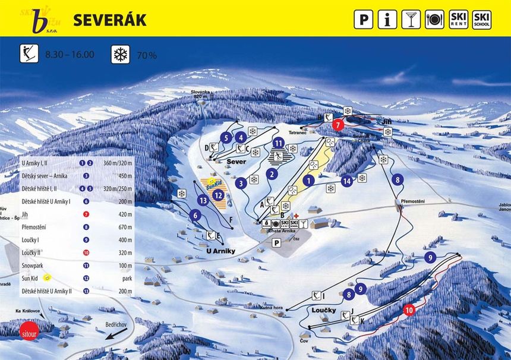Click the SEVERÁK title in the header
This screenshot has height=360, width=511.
coord(110,20)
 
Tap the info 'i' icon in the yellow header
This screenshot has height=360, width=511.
coord(387,20)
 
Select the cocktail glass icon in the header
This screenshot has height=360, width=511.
coord(411,20)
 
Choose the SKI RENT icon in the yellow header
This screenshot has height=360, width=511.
coord(458,20)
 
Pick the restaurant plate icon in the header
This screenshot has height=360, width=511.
coord(434,20)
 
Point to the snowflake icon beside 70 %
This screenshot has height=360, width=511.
coord(121,55)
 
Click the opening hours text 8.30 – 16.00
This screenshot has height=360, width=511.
coord(70,55)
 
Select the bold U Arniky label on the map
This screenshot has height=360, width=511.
coord(220,251)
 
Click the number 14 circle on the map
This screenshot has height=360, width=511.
coord(346,181)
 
